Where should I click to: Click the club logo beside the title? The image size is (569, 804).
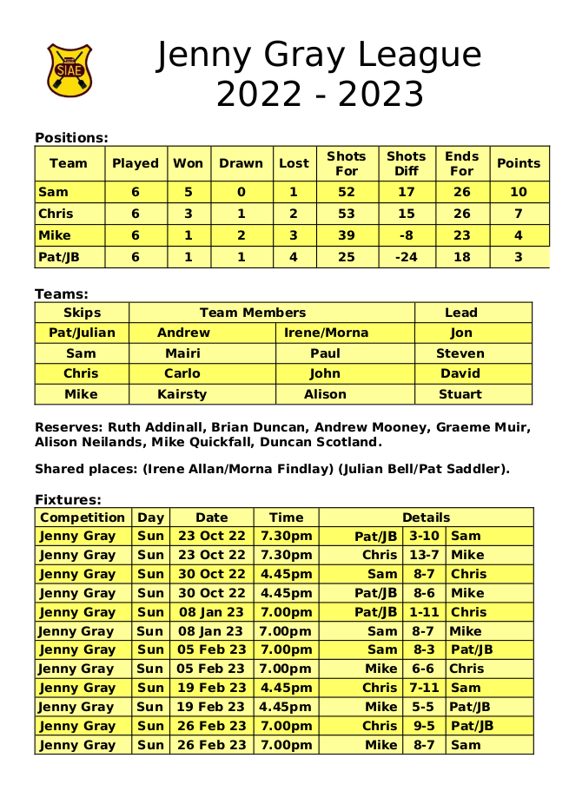point(69,69)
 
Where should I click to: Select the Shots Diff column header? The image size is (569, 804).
point(406,163)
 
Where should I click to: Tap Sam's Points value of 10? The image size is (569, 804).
point(518,192)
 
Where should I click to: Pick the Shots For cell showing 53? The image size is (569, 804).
point(347,214)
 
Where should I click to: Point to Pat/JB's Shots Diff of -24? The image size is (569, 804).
point(406,257)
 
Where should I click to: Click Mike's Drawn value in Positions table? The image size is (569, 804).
point(241,235)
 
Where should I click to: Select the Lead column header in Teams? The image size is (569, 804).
point(460,313)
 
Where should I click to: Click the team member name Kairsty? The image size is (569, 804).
point(182,394)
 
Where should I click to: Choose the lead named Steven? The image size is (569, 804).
point(460,353)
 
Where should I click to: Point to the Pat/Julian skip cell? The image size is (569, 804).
point(82,333)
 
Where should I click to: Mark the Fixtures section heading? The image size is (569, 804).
point(68,499)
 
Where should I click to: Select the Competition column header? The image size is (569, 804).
point(83,517)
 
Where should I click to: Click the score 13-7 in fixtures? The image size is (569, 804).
point(424,555)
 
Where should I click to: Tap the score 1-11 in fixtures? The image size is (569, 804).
point(424,612)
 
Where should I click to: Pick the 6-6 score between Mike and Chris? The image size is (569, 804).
point(424,669)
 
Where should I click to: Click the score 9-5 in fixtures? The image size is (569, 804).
point(424,726)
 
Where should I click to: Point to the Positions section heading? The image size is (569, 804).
point(71,137)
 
